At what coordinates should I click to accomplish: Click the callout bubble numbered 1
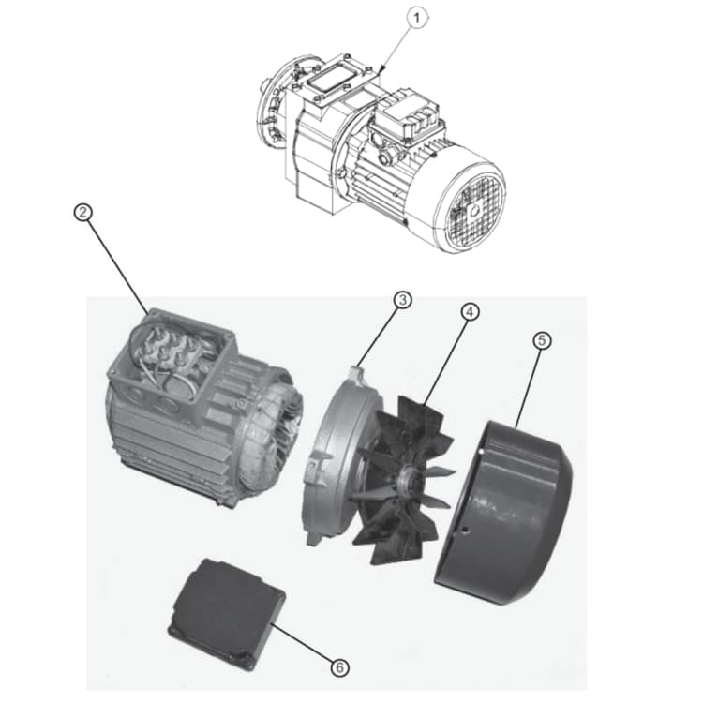(x=417, y=17)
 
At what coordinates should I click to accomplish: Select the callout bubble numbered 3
(x=402, y=301)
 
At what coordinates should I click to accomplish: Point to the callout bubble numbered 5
(x=542, y=341)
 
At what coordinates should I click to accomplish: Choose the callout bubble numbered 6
(x=340, y=666)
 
